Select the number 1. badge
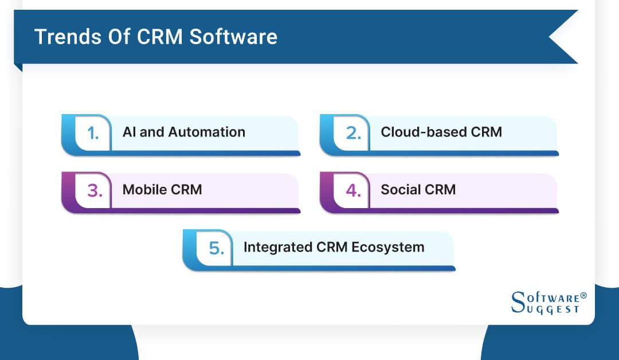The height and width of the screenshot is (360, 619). coord(93,132)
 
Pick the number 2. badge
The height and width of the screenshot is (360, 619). coord(351,132)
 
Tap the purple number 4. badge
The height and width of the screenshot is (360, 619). coord(351,190)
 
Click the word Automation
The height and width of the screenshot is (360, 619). coord(207,132)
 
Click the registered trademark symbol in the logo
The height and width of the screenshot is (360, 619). coord(583,295)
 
